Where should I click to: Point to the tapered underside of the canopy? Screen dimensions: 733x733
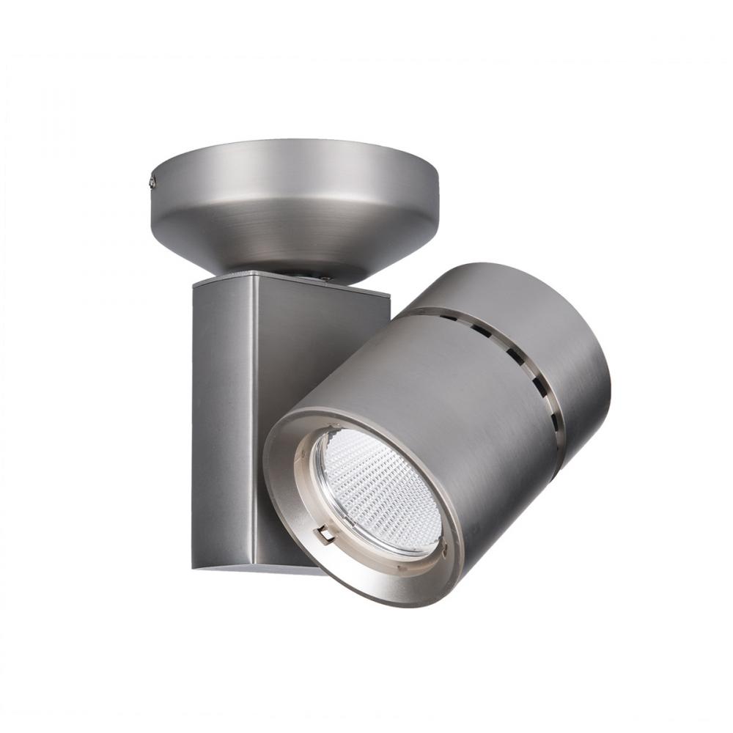[x=293, y=235]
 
